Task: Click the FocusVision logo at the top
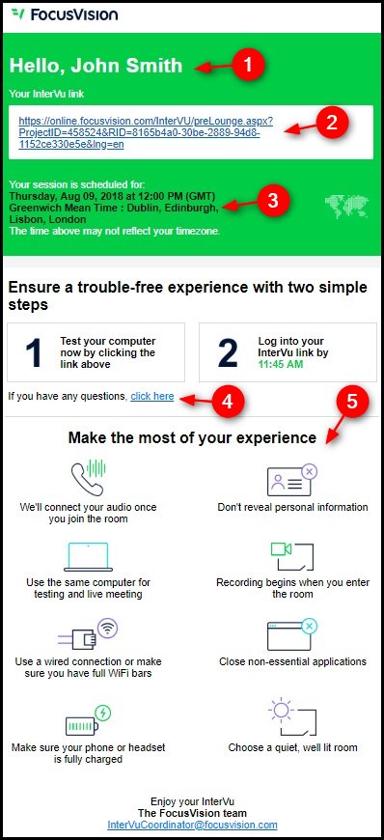click(x=65, y=14)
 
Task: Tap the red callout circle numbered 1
click(x=247, y=65)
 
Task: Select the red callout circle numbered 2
click(x=332, y=123)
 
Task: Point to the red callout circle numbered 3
click(x=273, y=201)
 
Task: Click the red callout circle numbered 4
click(x=228, y=402)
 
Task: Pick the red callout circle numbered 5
click(x=351, y=402)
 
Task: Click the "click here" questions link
click(x=152, y=397)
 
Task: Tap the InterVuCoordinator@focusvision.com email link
click(x=192, y=825)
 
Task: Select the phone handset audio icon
click(x=89, y=477)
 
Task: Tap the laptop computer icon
click(x=89, y=557)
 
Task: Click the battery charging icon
click(x=89, y=720)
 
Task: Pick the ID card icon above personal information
click(x=292, y=480)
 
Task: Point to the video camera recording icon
click(x=292, y=556)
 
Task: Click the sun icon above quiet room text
click(x=292, y=716)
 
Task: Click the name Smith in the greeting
click(x=154, y=66)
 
